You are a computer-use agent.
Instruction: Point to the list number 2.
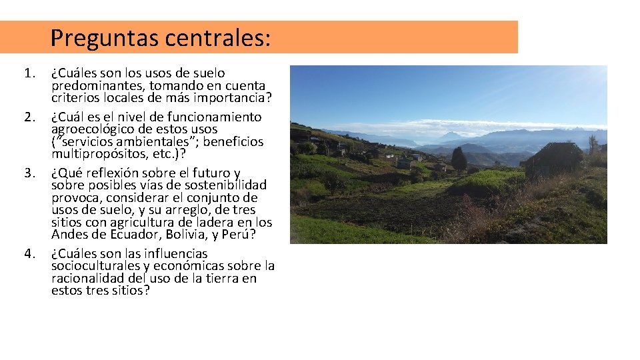coord(29,117)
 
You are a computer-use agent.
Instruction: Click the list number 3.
coord(29,173)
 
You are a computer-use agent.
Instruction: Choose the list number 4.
coord(29,253)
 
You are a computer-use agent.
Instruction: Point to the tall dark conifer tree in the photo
coord(459,159)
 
